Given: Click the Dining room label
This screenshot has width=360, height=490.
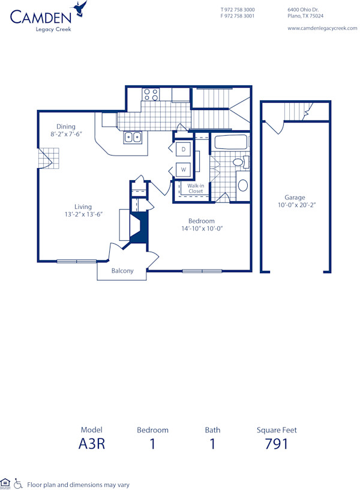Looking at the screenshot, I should tap(66, 126).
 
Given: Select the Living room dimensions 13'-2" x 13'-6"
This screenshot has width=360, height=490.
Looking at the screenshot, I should tap(83, 214).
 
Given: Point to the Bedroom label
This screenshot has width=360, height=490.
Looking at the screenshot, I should tap(202, 221).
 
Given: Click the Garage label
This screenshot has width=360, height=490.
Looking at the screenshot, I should tap(295, 197).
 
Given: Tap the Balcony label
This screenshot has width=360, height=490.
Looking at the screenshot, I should tap(122, 271).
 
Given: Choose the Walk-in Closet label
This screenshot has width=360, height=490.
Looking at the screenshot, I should tap(196, 189).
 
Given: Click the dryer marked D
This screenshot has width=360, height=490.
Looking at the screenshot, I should tap(184, 148).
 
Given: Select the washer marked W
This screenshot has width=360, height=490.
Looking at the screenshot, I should tap(184, 170).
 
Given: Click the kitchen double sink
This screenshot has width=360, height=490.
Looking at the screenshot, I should tap(133, 138).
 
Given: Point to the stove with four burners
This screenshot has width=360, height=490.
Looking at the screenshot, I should tap(151, 94).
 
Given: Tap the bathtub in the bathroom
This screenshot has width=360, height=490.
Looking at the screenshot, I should tap(230, 143).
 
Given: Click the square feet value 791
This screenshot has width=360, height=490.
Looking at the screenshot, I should tap(277, 444).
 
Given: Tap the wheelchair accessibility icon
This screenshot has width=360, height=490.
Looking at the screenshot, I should tap(19, 483).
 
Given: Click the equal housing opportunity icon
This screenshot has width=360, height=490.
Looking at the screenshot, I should tap(6, 483).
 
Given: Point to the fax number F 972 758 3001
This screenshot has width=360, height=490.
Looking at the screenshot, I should tap(238, 16).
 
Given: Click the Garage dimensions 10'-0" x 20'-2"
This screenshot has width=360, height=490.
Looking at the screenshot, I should tap(295, 205).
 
